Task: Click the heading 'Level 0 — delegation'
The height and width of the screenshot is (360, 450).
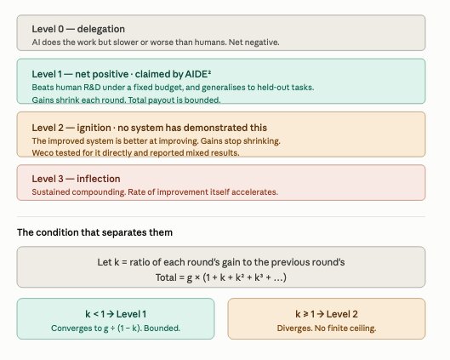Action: (78, 29)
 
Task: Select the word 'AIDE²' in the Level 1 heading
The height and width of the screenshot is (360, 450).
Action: (198, 74)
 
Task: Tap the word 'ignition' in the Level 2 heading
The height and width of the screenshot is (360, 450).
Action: (94, 128)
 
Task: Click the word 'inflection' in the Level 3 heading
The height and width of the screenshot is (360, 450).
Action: (99, 179)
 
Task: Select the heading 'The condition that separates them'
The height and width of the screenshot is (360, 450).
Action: (94, 232)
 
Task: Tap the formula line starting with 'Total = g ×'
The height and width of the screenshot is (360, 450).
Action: (221, 277)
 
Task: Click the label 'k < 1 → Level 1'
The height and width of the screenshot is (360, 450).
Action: (116, 314)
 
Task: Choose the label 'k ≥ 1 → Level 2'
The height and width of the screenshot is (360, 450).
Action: (327, 314)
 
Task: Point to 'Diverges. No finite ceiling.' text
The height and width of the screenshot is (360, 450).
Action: (327, 329)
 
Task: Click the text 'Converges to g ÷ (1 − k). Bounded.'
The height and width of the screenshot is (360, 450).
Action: (116, 329)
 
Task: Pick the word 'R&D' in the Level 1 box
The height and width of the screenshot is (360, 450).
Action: (92, 88)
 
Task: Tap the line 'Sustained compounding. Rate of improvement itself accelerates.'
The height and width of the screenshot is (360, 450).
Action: (155, 192)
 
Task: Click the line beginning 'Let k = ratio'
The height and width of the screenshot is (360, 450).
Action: (221, 262)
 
